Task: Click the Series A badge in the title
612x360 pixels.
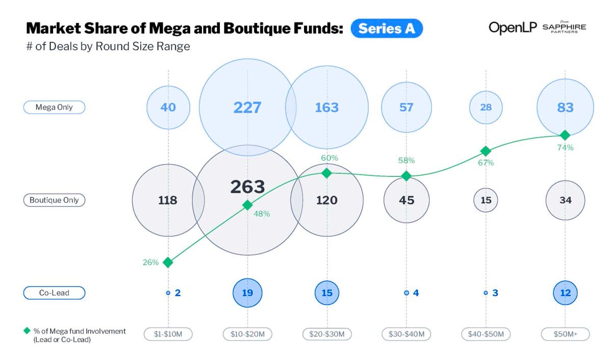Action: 387,29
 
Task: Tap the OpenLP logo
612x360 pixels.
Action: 513,27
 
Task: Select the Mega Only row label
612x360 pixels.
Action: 54,107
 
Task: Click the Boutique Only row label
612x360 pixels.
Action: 54,200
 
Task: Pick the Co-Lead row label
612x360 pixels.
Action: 54,293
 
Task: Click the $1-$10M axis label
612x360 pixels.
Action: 168,334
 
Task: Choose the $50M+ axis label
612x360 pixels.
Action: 565,334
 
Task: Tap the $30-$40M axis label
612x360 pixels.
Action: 406,334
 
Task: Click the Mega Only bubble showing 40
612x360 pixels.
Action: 168,108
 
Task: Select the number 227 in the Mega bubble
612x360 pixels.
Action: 247,108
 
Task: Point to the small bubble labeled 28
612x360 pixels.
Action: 486,108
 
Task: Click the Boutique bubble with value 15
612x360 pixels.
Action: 486,200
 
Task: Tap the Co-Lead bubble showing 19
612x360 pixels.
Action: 247,293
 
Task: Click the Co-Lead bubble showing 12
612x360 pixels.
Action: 565,293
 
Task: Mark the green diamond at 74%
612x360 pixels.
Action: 565,135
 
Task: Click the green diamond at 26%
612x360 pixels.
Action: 168,262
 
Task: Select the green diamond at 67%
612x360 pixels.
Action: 486,151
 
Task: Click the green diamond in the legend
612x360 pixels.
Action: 27,331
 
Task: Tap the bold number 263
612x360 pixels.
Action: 247,187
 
